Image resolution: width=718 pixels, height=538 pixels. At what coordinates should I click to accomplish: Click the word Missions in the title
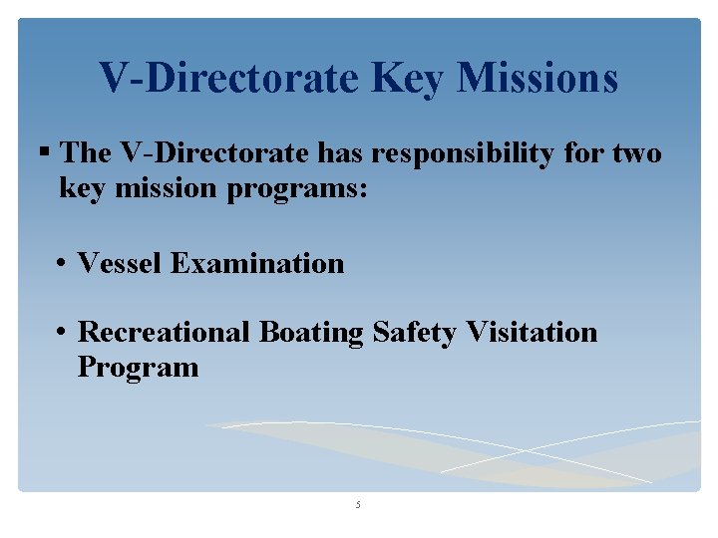538,78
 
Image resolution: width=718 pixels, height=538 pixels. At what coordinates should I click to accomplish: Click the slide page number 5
358,505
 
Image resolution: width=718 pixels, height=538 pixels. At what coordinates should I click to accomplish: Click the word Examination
257,264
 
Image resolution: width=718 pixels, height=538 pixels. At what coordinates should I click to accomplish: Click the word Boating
311,333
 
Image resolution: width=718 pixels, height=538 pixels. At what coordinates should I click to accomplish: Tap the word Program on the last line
138,368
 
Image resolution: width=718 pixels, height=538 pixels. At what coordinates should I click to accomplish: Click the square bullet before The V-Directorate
44,153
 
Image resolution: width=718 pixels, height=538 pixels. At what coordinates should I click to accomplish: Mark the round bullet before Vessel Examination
62,265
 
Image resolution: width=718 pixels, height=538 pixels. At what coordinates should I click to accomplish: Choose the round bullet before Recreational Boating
62,333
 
